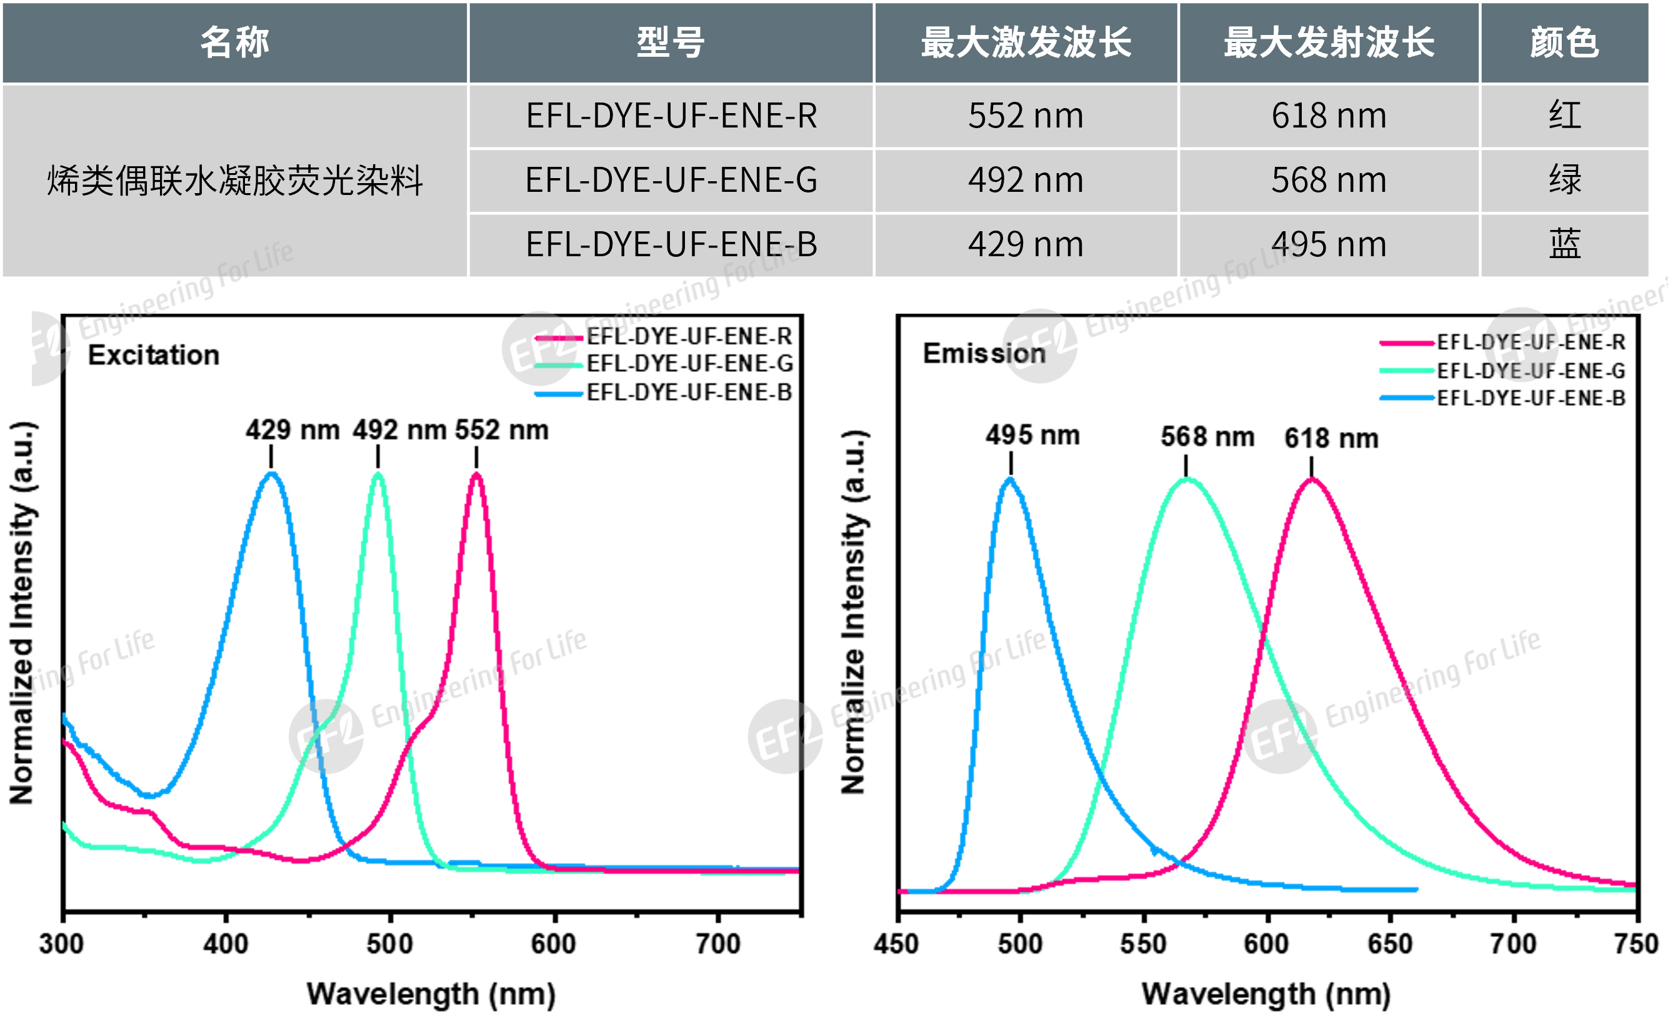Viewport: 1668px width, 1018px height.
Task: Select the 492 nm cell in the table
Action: [1026, 181]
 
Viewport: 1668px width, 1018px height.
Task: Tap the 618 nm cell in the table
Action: [1329, 116]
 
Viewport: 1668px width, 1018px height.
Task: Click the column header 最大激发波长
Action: [1026, 42]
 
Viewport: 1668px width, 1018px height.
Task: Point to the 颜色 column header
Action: [1564, 42]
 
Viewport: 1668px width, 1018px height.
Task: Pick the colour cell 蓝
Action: [1564, 244]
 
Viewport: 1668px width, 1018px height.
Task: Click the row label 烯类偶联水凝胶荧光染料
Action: [235, 181]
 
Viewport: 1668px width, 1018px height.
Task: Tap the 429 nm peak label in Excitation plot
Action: [292, 430]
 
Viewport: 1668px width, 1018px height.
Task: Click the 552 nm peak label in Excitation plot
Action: [502, 430]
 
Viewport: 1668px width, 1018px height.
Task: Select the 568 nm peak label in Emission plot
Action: [1207, 437]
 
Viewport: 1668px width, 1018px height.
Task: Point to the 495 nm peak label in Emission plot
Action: [1032, 435]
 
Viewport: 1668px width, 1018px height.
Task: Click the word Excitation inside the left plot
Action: [154, 356]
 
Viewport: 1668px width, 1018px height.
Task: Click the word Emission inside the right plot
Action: [984, 353]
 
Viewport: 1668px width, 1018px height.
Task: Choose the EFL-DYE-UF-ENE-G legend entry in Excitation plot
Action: [689, 364]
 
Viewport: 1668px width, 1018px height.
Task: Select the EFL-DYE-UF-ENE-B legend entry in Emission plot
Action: [1531, 398]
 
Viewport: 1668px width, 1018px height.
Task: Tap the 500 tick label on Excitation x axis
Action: [390, 944]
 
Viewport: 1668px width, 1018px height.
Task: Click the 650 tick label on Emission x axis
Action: [1390, 944]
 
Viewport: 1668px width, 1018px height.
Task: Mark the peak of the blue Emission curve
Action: [1010, 479]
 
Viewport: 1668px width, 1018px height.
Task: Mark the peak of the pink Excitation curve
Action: [477, 474]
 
